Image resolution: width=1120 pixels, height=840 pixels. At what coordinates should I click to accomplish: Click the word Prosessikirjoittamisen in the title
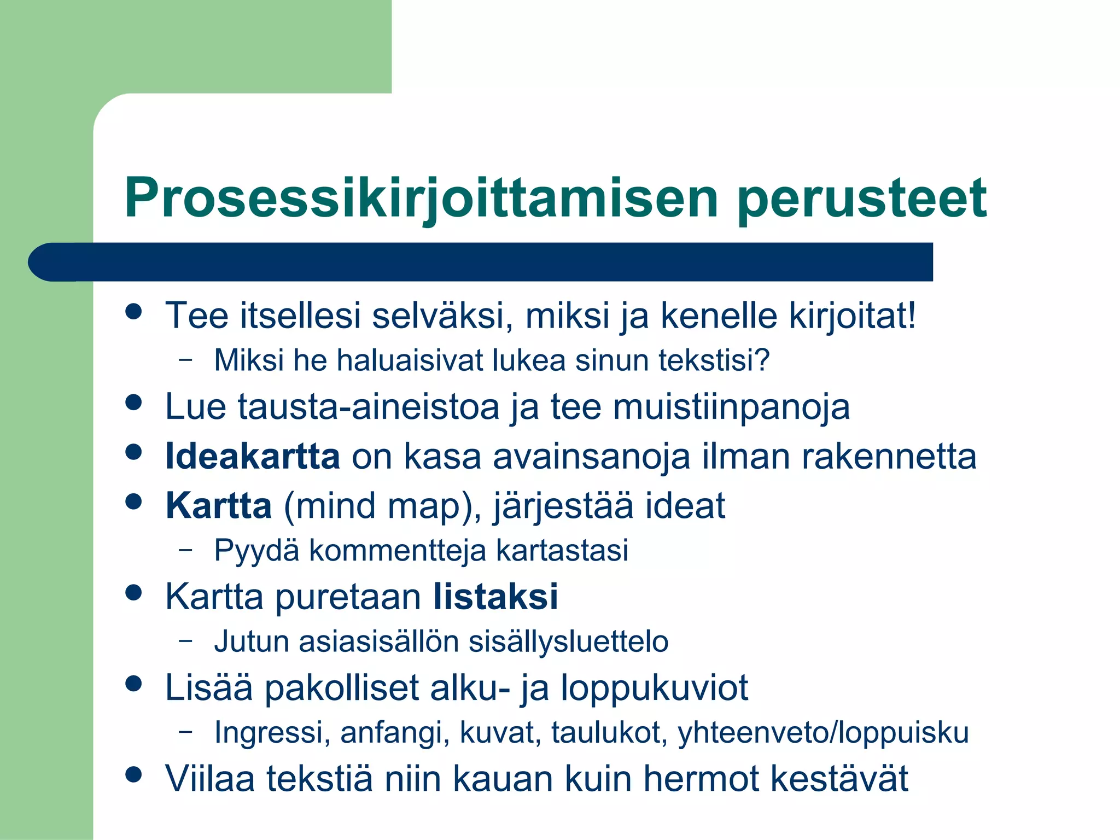421,198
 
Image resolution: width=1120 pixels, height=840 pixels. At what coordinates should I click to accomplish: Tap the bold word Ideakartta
252,456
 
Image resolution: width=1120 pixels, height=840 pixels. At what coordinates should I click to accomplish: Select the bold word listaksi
495,596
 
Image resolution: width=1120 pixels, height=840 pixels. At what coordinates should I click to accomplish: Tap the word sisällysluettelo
569,641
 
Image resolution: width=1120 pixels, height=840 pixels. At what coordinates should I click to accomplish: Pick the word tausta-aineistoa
369,407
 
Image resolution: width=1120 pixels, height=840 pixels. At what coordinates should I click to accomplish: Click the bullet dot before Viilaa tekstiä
133,774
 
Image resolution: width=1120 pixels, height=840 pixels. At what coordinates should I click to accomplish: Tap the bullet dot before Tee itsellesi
133,312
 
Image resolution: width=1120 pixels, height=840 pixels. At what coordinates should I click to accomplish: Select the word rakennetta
889,456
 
